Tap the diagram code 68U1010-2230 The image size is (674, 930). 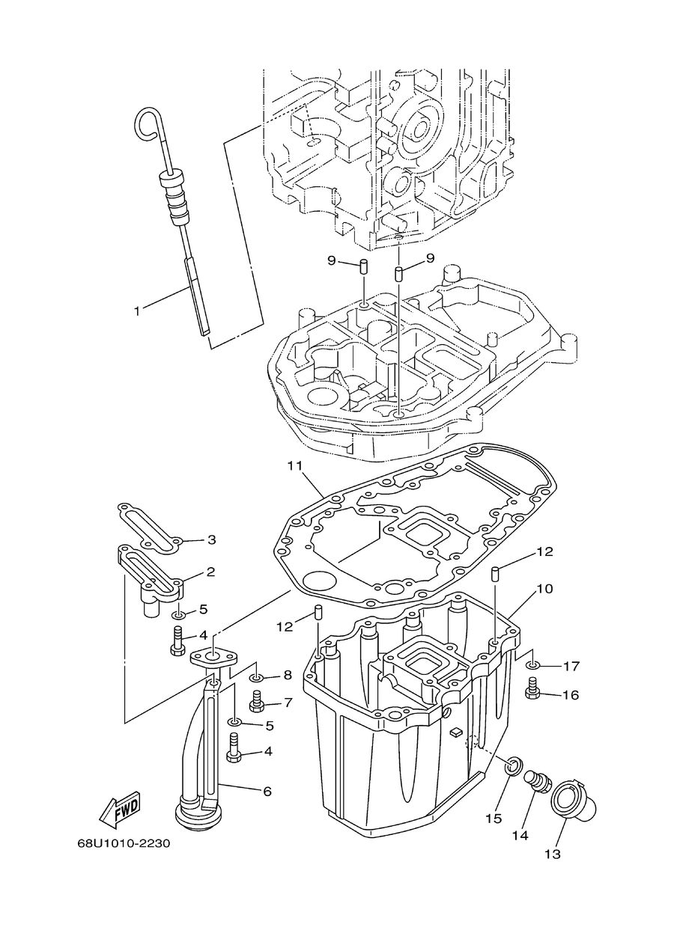(x=124, y=844)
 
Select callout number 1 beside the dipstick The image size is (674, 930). (x=137, y=311)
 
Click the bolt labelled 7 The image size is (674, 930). (x=256, y=703)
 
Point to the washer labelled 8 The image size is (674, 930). (x=255, y=678)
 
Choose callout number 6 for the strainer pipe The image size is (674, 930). (x=267, y=792)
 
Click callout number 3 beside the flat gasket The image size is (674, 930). (x=211, y=540)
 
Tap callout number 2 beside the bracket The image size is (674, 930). (x=210, y=572)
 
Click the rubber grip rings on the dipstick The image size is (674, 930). (x=174, y=195)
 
